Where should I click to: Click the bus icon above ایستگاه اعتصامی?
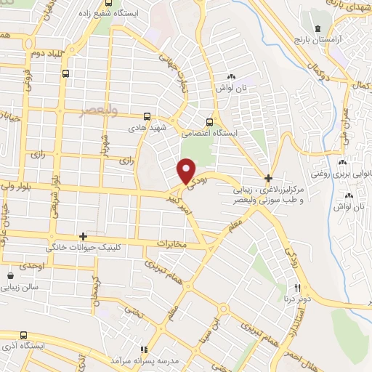tap(210, 121)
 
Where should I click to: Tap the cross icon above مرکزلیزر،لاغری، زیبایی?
tap(268, 178)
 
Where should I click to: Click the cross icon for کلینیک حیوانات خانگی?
tap(84, 237)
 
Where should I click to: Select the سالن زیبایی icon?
tap(11, 276)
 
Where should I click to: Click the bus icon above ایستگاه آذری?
tap(23, 335)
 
